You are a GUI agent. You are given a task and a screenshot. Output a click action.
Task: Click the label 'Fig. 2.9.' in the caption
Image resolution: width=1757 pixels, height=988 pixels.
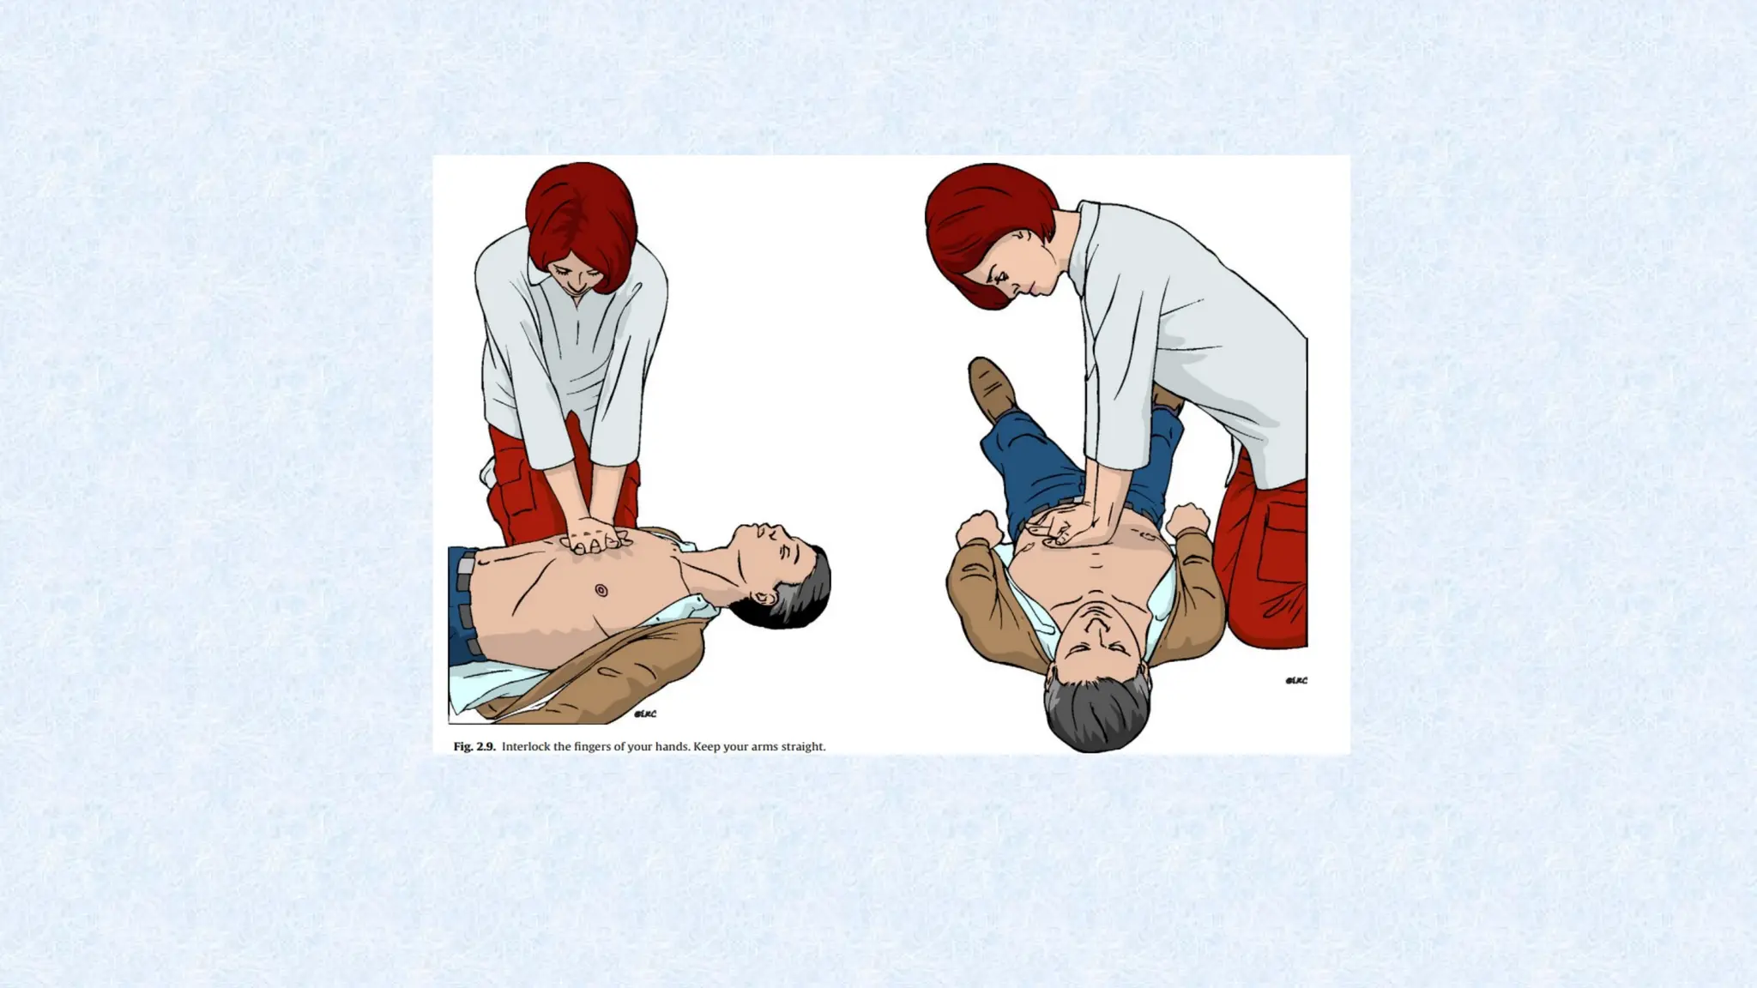point(474,746)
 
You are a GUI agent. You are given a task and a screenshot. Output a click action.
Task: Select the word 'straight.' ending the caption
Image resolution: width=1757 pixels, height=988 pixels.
point(805,747)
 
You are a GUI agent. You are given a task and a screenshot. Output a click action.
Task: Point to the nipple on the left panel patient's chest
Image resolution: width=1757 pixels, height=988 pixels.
point(601,590)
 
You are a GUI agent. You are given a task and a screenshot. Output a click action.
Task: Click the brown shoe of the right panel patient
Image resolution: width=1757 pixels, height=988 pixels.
point(992,388)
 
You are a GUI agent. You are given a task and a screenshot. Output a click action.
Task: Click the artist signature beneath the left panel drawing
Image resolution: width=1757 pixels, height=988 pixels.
point(645,714)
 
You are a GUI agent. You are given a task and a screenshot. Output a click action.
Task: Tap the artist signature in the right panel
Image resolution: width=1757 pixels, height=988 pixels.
point(1296,681)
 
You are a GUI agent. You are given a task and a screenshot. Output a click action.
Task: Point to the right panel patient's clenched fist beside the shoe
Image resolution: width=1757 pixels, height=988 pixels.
point(979,527)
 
